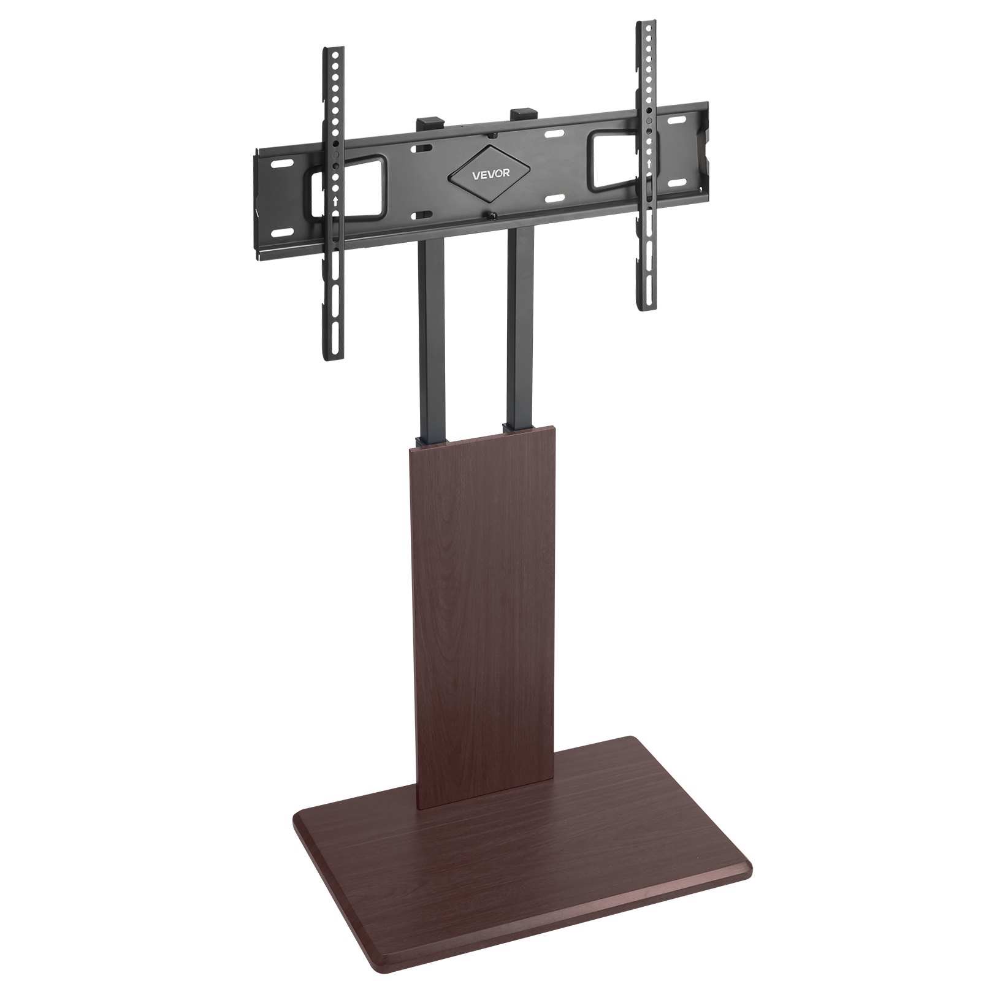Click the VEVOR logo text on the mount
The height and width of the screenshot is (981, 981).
point(489,174)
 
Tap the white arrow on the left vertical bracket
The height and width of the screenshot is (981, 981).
point(334,200)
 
